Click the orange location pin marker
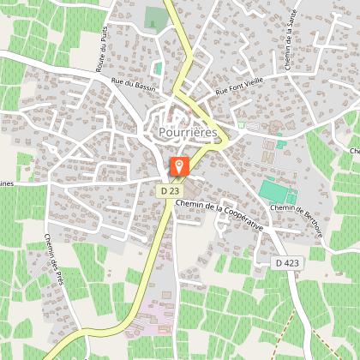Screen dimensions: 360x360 tap(180, 166)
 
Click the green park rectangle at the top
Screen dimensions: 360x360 tap(154, 17)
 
